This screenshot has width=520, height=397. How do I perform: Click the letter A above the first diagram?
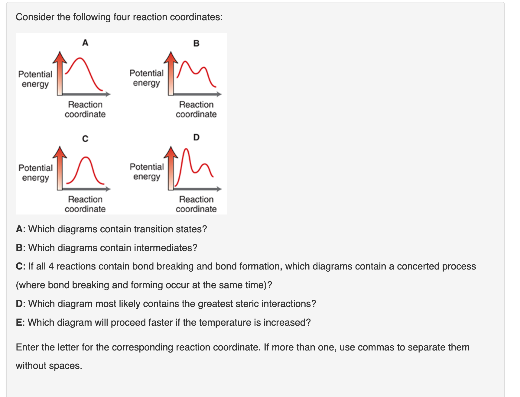85,43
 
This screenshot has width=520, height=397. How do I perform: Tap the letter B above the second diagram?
196,44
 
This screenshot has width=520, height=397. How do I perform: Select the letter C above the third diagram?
85,139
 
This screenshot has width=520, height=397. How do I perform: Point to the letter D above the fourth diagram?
196,137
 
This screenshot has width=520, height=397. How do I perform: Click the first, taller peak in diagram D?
187,150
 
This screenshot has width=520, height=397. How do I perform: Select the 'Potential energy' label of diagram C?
36,173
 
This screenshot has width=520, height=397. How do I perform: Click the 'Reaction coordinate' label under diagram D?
196,204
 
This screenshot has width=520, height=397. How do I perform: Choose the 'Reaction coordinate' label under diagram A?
85,109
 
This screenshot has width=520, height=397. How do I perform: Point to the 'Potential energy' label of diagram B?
146,78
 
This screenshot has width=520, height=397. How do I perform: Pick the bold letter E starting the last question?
19,322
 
